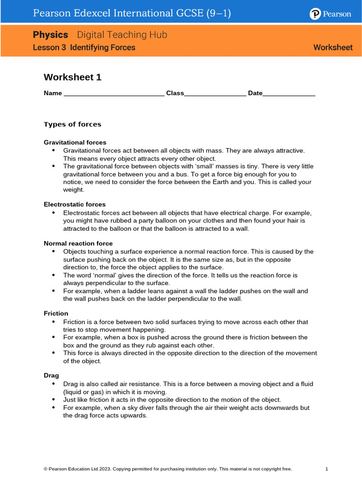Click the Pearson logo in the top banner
tap(330, 14)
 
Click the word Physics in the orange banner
tap(50, 35)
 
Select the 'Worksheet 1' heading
tap(73, 77)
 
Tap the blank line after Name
tap(114, 94)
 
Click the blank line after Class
tap(215, 94)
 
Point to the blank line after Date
tap(288, 94)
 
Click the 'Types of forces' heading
tap(73, 125)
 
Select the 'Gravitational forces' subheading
tap(75, 142)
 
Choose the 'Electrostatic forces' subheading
tap(74, 205)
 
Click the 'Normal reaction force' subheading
tap(78, 243)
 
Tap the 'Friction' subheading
tap(56, 314)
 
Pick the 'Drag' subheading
tap(51, 375)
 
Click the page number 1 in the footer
tap(327, 469)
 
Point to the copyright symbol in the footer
tap(45, 469)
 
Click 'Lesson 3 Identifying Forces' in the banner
tap(84, 48)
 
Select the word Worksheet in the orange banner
tap(333, 48)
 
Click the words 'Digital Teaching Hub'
tap(122, 35)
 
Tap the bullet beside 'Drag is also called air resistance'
tap(53, 384)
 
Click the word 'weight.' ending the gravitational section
tap(74, 190)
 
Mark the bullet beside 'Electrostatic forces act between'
tap(53, 213)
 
